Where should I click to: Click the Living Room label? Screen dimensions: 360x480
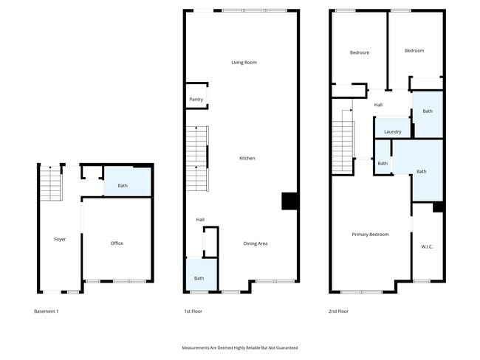pos(244,63)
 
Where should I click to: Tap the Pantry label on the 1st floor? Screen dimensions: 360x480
pos(196,100)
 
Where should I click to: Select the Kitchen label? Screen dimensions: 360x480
pos(247,158)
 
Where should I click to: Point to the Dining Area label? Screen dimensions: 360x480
pos(256,243)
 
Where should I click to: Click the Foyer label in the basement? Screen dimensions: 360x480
pos(60,239)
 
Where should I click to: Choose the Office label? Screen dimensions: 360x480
pos(117,243)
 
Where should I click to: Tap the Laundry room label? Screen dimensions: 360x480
pos(392,132)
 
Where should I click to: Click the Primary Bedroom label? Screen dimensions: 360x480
pos(370,235)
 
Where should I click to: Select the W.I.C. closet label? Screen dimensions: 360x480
pos(427,246)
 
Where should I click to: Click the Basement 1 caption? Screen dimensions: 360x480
pos(47,311)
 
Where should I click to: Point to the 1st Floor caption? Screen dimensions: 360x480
pos(193,311)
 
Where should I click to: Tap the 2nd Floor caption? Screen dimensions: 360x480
pos(338,311)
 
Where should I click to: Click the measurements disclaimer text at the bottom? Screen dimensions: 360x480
pos(240,347)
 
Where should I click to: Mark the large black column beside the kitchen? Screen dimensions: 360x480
pos(290,201)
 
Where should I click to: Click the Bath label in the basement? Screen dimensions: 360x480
pos(123,185)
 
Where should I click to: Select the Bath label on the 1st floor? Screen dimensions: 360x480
pos(199,278)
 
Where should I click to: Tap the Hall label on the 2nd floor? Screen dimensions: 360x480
pos(378,105)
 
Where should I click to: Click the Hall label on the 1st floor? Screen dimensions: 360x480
pos(200,220)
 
